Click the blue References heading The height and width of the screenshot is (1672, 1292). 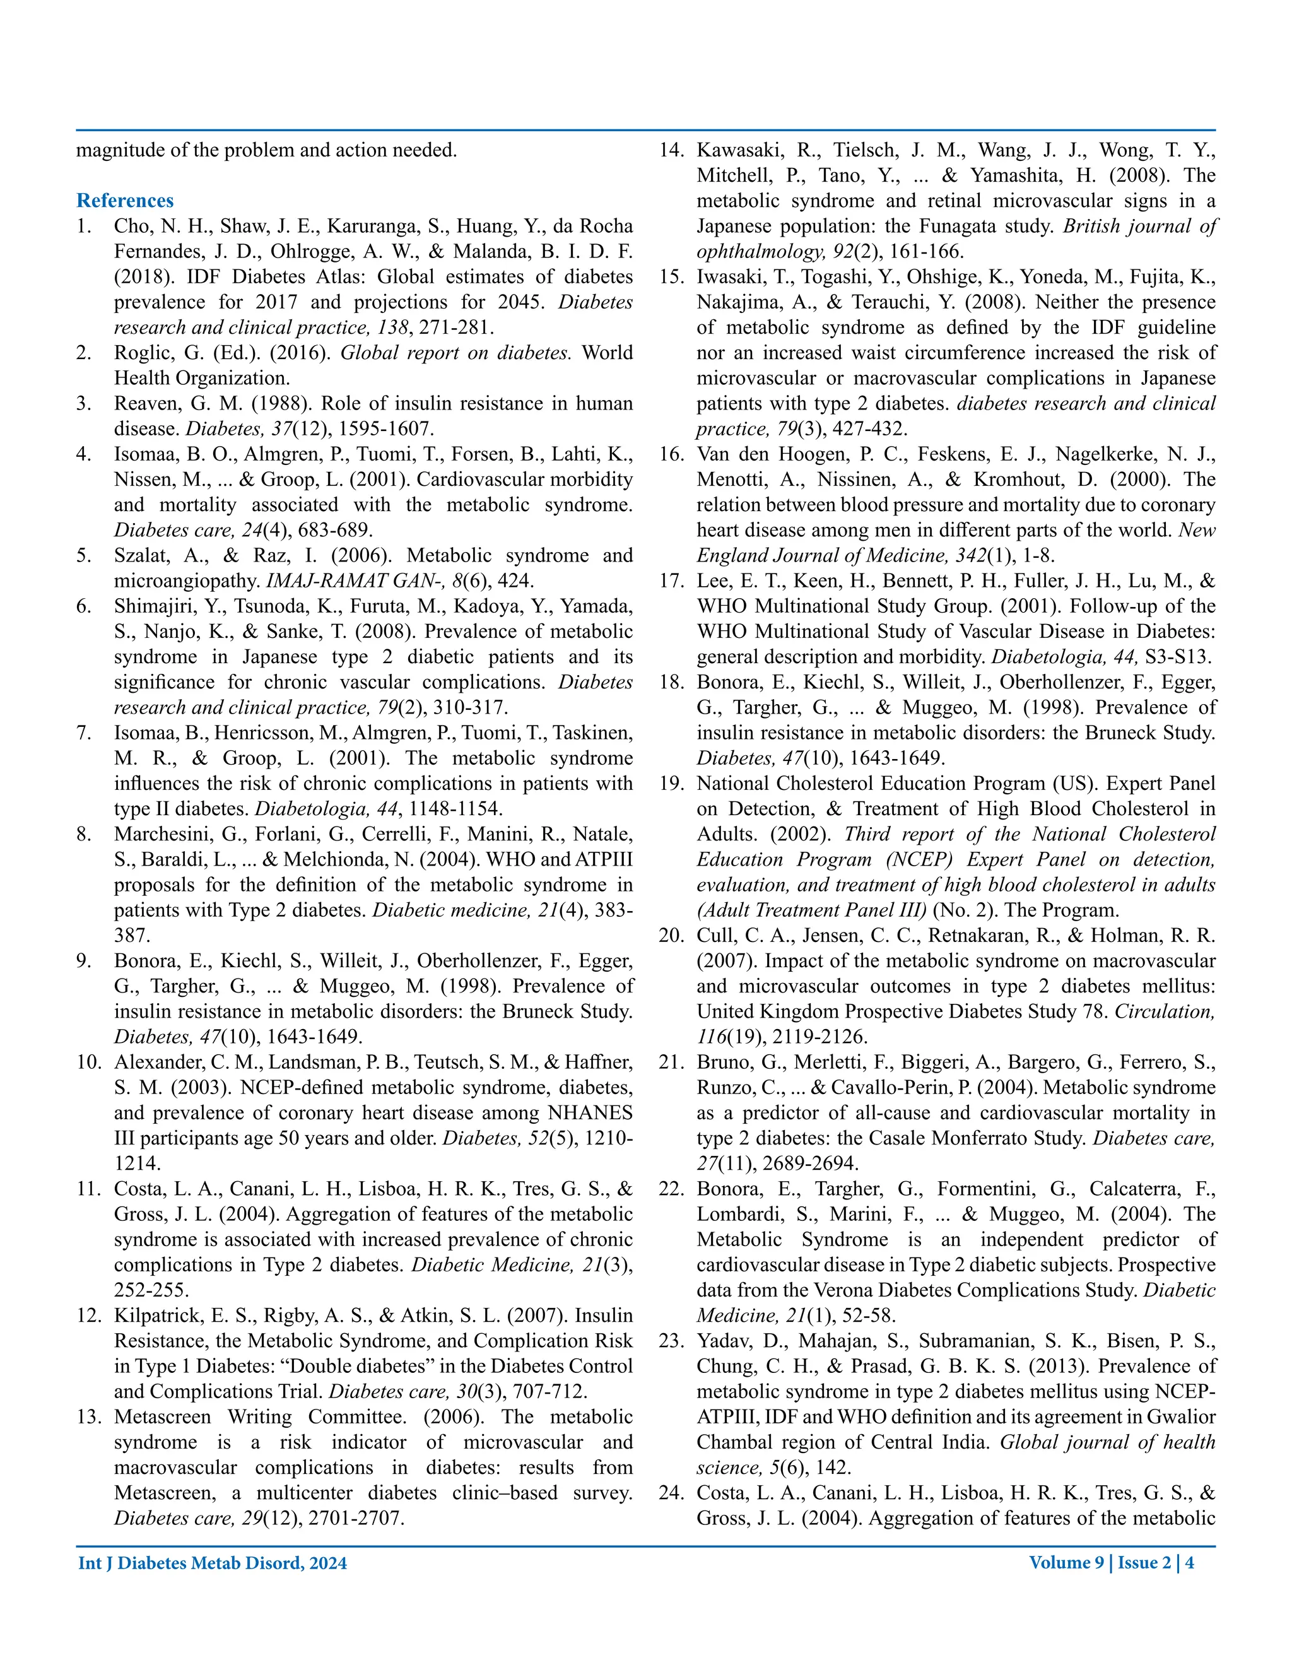[x=125, y=201]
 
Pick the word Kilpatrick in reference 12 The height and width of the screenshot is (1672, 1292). [x=154, y=1316]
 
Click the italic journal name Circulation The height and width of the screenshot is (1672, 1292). [x=1163, y=1012]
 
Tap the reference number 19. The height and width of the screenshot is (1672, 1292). [x=671, y=784]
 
